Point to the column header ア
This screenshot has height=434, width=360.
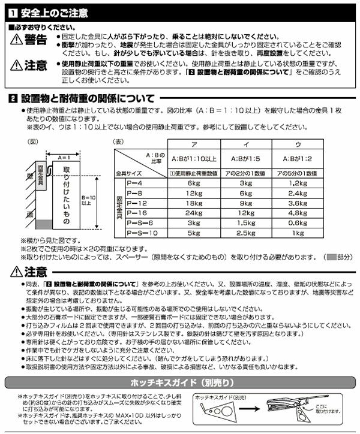194,143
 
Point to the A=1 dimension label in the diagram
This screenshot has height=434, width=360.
67,156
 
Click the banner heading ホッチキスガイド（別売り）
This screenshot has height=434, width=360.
179,382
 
